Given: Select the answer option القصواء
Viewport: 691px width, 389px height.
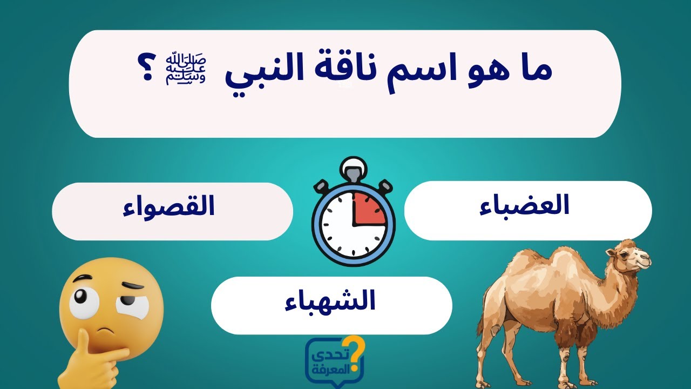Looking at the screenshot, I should [x=169, y=209].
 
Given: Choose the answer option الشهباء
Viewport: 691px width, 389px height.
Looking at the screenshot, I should [x=330, y=303].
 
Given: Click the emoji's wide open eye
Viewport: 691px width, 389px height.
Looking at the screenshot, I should [x=84, y=303].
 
